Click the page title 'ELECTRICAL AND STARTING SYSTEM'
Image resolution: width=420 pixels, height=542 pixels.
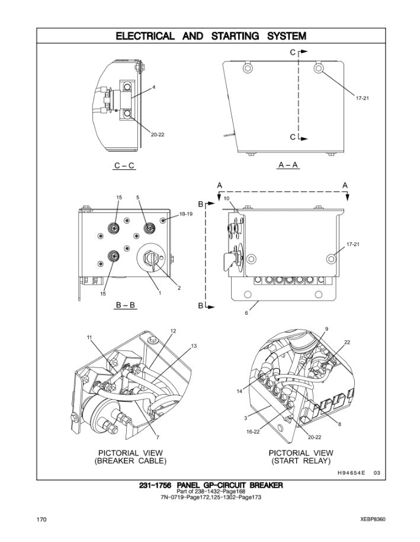(x=211, y=36)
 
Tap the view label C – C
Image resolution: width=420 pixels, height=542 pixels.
(x=124, y=166)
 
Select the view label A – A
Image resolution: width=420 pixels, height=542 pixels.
(x=288, y=165)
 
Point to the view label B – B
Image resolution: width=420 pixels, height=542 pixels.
(x=125, y=305)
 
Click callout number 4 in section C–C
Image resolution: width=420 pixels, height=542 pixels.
(x=153, y=88)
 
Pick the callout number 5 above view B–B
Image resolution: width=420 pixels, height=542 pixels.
(x=137, y=197)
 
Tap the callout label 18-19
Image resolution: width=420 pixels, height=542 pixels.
(x=186, y=214)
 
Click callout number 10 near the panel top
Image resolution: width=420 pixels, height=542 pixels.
(x=226, y=198)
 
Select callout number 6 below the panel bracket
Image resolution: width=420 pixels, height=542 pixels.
(x=246, y=313)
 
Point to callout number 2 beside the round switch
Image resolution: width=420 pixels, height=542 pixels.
(x=179, y=288)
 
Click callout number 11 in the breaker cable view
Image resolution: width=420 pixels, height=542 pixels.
(x=89, y=337)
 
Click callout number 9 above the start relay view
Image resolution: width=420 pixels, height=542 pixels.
(x=326, y=328)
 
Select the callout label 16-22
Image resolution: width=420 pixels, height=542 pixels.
(x=253, y=432)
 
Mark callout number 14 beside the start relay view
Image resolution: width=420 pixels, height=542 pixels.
(x=240, y=392)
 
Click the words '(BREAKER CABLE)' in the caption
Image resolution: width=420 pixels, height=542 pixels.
(x=131, y=460)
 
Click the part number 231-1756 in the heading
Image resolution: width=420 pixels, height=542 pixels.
(x=155, y=485)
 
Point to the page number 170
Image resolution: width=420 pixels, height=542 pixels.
(x=41, y=520)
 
